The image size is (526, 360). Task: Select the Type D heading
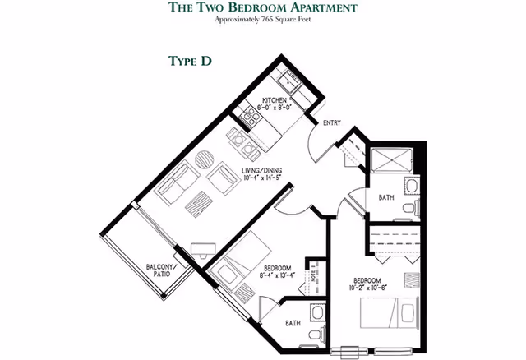point(191,62)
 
